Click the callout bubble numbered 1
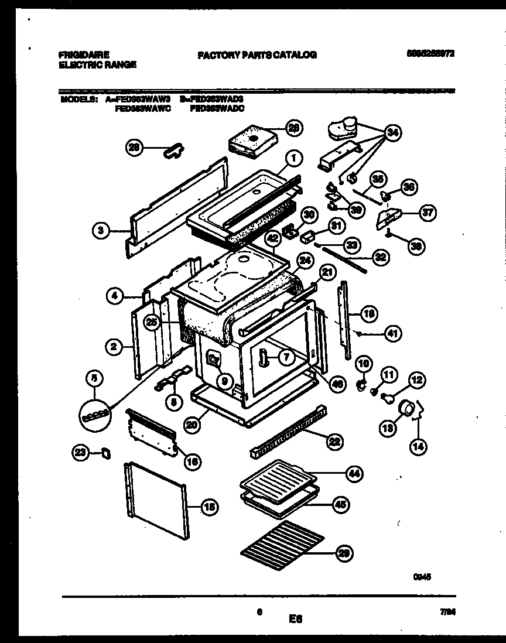[x=294, y=157]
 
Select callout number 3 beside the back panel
[x=102, y=231]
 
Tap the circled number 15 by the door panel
[x=208, y=508]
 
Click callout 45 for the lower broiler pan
[x=338, y=502]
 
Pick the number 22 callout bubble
[x=334, y=442]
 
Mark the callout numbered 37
[x=428, y=213]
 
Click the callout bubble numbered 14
[x=418, y=447]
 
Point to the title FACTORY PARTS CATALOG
[x=257, y=54]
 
